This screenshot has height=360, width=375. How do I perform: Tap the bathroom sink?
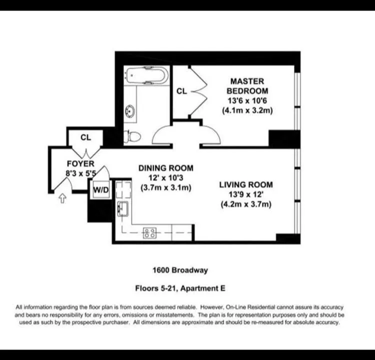(x=131, y=111)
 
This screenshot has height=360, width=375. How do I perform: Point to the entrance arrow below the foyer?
(x=62, y=199)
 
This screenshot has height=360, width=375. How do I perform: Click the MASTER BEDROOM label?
(x=247, y=85)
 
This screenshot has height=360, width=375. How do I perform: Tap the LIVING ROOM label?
(x=246, y=185)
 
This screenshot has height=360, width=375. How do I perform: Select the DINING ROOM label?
(x=165, y=168)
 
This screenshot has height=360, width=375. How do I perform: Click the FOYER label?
(x=80, y=163)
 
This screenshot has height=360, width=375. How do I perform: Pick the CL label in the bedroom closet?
(x=181, y=91)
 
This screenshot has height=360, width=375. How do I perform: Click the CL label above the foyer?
(x=85, y=137)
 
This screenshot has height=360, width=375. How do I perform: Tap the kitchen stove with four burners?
(x=149, y=232)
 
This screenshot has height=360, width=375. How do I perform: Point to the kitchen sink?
(x=122, y=208)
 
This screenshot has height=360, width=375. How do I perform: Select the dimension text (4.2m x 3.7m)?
(x=246, y=204)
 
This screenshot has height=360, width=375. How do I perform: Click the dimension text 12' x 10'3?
(x=165, y=178)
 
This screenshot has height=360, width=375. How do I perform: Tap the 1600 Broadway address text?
(x=180, y=270)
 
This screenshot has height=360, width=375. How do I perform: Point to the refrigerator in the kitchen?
(x=122, y=189)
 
